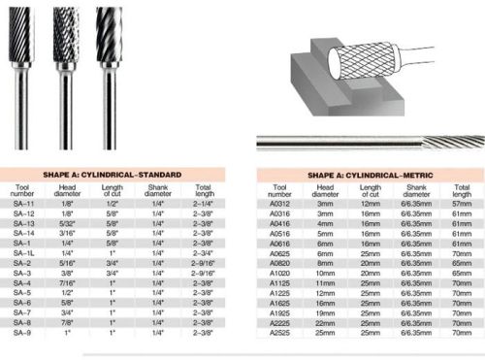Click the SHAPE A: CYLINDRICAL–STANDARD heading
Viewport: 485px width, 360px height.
tap(117, 175)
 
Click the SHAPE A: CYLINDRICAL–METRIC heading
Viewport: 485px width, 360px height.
tap(370, 175)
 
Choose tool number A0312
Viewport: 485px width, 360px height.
tap(279, 206)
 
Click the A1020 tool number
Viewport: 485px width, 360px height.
tap(279, 275)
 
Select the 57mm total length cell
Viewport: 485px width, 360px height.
tap(458, 206)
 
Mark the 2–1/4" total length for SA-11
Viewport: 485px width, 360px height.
tap(204, 205)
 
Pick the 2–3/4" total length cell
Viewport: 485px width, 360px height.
tap(204, 252)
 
